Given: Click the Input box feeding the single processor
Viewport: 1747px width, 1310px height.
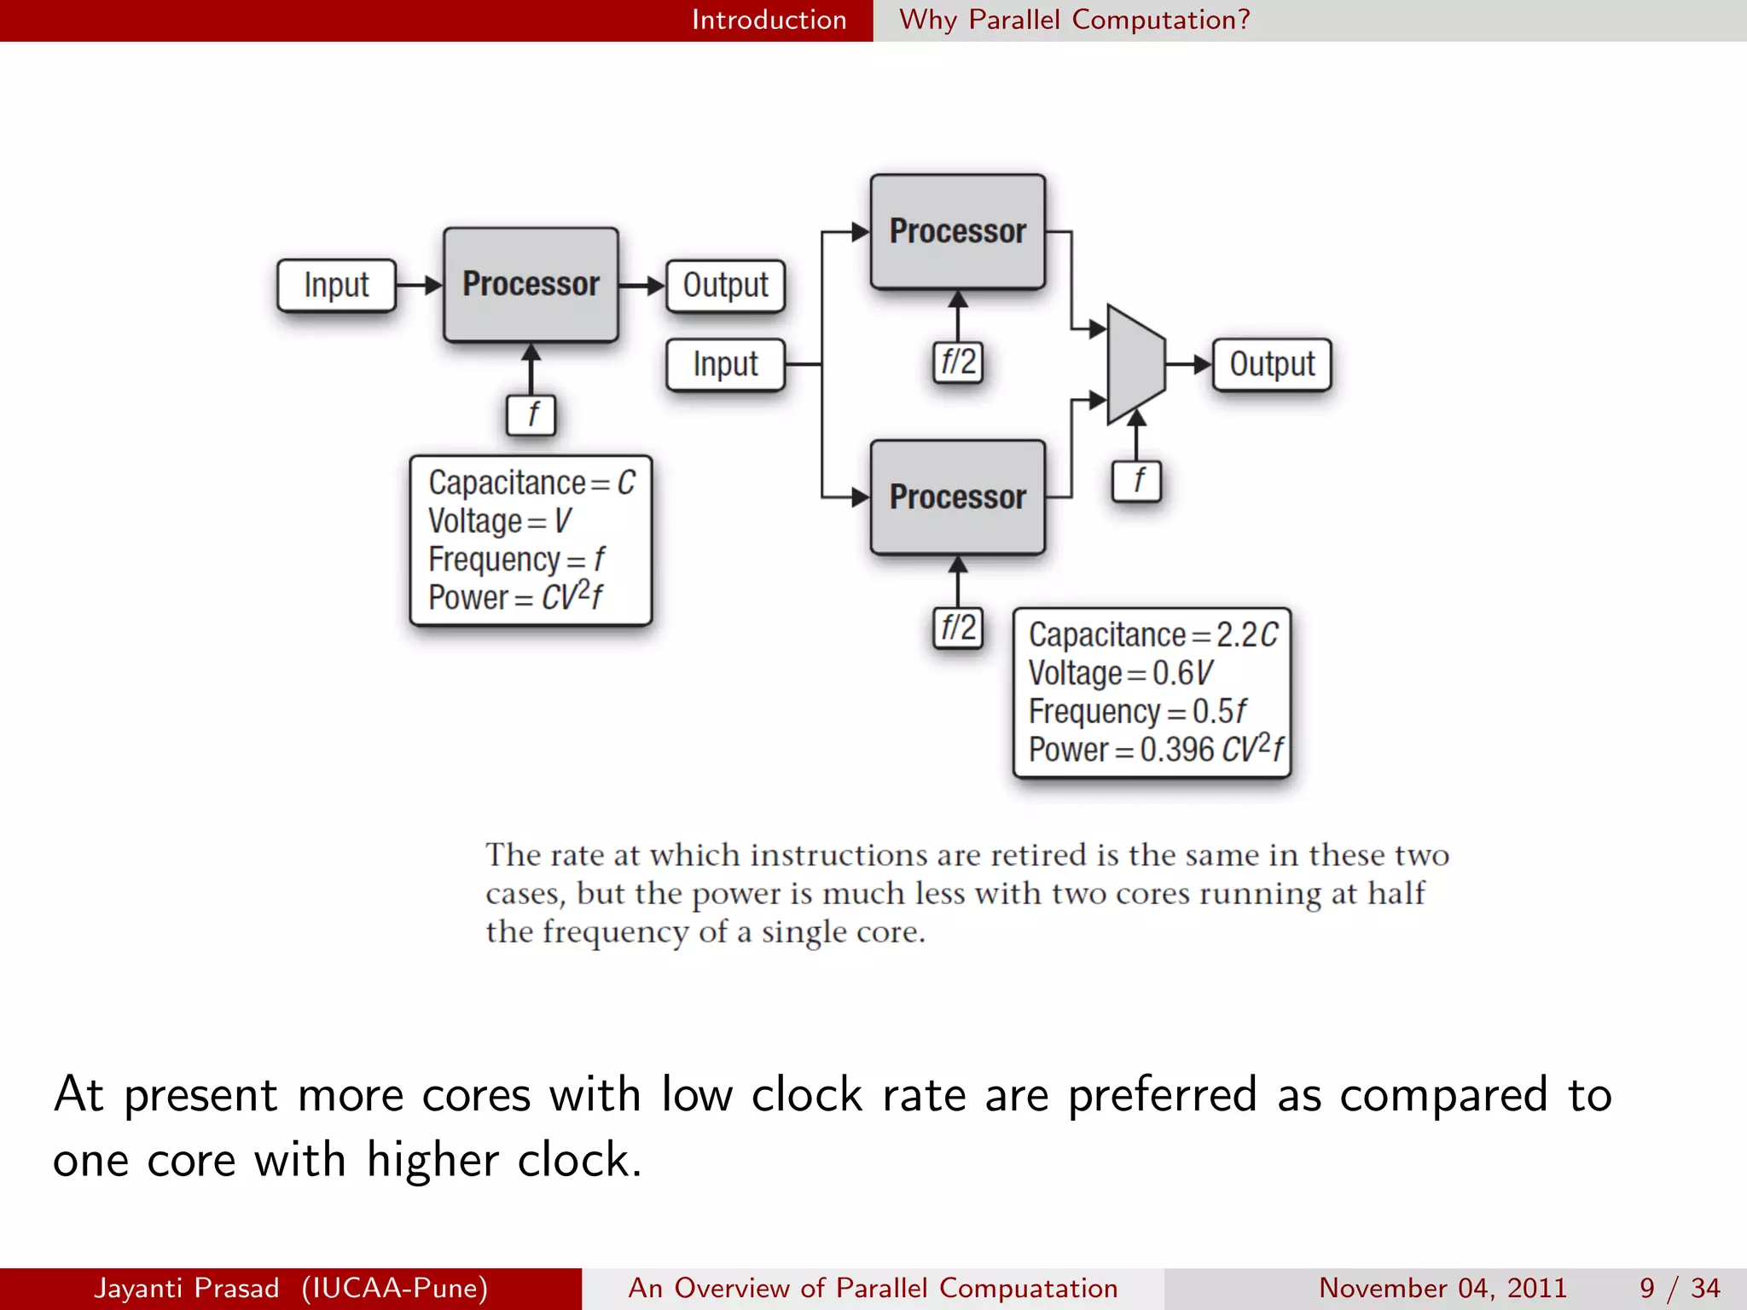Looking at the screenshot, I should (x=336, y=286).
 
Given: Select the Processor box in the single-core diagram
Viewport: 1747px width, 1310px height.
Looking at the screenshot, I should (x=531, y=284).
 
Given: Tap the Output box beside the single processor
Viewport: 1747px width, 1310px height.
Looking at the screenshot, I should (x=725, y=286).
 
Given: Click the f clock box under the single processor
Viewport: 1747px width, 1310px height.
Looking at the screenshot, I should (x=531, y=415).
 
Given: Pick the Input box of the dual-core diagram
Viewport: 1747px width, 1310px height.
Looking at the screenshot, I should (x=725, y=365).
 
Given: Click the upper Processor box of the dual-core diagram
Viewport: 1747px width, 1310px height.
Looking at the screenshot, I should (x=957, y=231).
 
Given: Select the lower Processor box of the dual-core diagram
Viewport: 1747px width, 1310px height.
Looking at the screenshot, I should (x=957, y=497).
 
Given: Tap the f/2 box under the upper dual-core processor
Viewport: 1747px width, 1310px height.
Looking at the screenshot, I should (x=958, y=362).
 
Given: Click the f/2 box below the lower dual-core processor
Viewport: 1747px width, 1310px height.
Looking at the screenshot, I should (x=958, y=629).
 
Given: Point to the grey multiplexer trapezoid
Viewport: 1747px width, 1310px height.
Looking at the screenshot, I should (x=1135, y=364).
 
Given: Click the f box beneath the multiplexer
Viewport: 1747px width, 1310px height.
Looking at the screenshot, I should (x=1137, y=481).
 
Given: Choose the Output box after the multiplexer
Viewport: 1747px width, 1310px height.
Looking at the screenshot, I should (x=1272, y=365).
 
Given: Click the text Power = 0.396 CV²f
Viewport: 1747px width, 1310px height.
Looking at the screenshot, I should (x=1155, y=750).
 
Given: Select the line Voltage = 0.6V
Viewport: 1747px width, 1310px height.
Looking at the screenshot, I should (x=1120, y=673).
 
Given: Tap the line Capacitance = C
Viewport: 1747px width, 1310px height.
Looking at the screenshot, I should (x=531, y=483).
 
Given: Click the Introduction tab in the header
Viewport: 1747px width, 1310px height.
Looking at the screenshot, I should (x=769, y=20).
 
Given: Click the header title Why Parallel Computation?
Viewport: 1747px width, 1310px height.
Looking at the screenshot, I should (x=1075, y=20).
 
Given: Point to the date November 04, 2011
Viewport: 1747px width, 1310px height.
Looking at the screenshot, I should (x=1442, y=1288).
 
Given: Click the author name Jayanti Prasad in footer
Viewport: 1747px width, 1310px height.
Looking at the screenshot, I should (x=187, y=1288).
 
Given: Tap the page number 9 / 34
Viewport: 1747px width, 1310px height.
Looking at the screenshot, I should (x=1680, y=1288).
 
